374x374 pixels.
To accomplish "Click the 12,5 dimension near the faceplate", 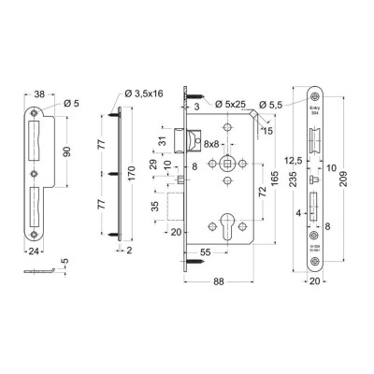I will [x=295, y=159].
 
